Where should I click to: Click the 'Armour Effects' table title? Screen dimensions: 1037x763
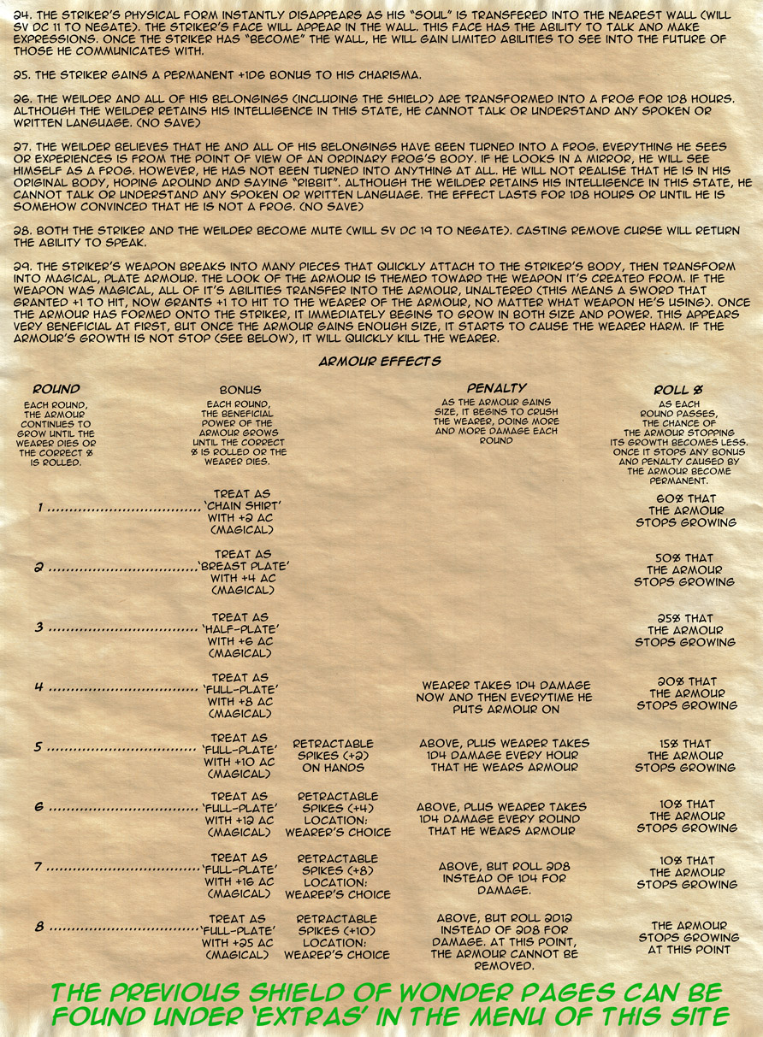click(x=380, y=362)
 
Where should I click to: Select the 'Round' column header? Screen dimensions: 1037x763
click(x=56, y=390)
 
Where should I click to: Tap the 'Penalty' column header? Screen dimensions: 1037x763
click(x=496, y=388)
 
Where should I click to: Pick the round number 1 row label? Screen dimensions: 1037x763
click(x=40, y=508)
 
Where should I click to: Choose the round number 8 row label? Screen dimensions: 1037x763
click(x=39, y=927)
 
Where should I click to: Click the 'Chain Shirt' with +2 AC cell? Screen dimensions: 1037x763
click(x=242, y=511)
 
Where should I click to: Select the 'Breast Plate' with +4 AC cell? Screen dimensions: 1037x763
click(x=242, y=572)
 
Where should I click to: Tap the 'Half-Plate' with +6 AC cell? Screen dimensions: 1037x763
click(x=242, y=634)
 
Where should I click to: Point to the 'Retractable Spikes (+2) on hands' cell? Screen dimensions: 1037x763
click(x=334, y=756)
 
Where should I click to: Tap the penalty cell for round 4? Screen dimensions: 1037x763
click(x=506, y=698)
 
